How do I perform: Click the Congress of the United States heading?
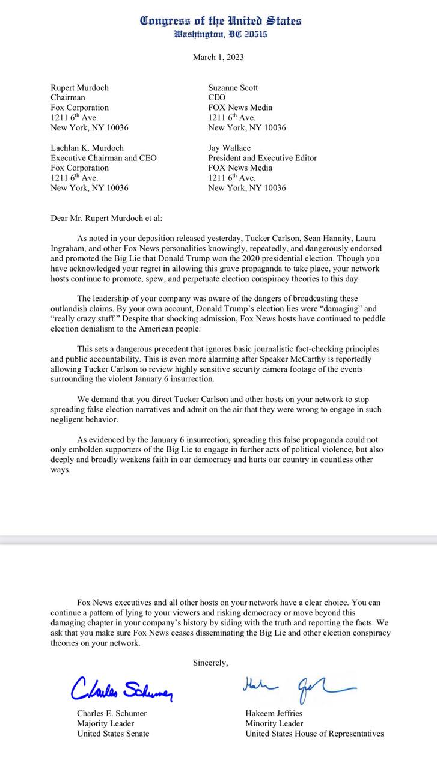221,21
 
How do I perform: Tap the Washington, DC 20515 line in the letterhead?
221,35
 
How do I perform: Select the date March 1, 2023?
218,58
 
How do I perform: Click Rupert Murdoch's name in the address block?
79,88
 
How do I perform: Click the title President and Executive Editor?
262,158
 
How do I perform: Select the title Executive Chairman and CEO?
103,158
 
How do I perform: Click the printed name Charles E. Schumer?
112,713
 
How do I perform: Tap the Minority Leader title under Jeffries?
274,723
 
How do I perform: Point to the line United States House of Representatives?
314,734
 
